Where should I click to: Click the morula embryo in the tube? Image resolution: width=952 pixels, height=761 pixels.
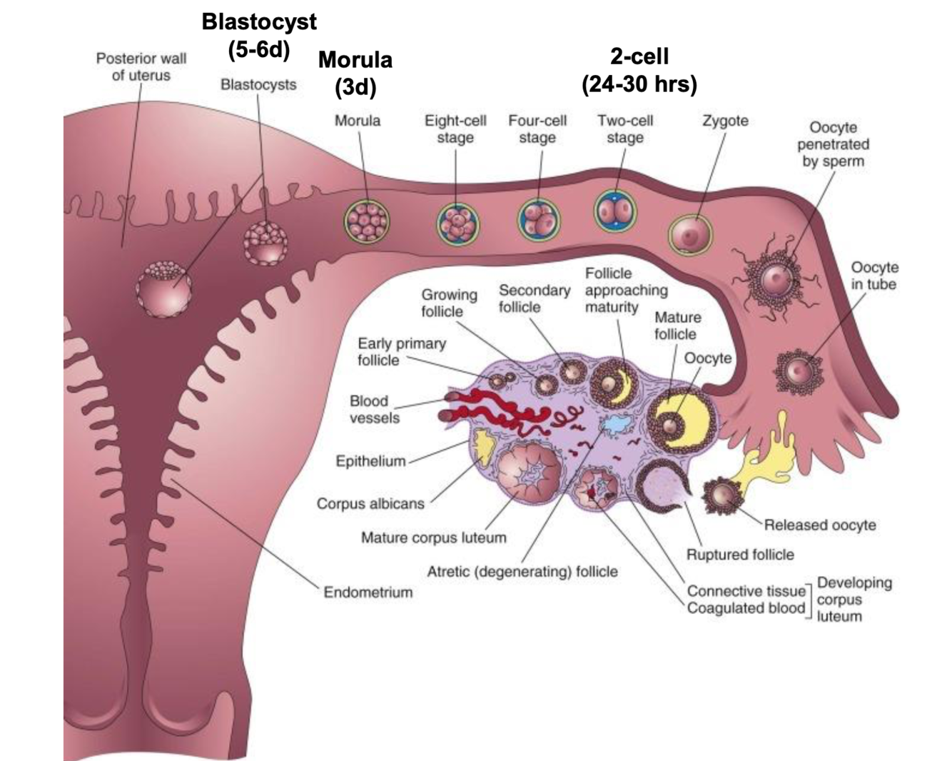tap(367, 219)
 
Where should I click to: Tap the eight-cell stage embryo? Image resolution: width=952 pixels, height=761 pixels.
tap(457, 223)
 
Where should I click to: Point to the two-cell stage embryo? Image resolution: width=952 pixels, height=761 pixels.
tap(615, 211)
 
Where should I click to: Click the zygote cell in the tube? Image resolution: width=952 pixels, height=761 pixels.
tap(690, 233)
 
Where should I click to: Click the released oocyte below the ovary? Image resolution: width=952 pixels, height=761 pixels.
tap(723, 495)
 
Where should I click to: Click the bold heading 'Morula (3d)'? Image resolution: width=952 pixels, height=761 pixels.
tap(355, 73)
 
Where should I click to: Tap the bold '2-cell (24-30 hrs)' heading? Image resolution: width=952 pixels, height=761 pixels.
tap(639, 70)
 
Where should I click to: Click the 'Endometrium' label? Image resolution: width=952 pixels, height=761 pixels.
tap(368, 592)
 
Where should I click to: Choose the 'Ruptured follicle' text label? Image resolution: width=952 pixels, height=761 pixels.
tap(740, 555)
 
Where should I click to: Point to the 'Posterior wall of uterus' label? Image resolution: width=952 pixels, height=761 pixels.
tap(141, 66)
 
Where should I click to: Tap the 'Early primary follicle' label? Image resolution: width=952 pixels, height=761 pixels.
tap(401, 351)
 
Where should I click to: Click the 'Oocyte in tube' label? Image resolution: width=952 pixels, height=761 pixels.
tap(874, 276)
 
